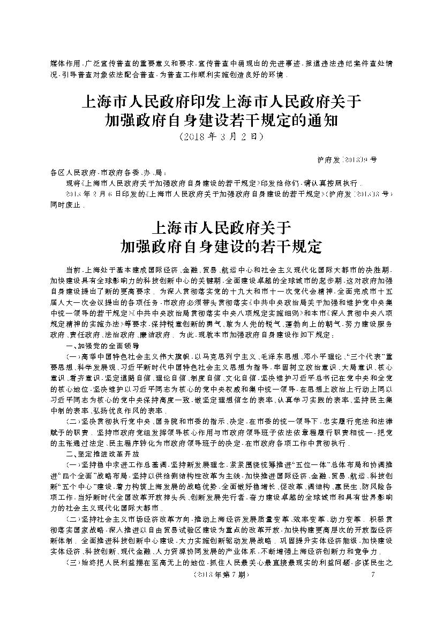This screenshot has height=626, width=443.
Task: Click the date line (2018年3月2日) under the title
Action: click(221, 136)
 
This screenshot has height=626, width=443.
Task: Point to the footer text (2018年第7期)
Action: click(221, 575)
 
